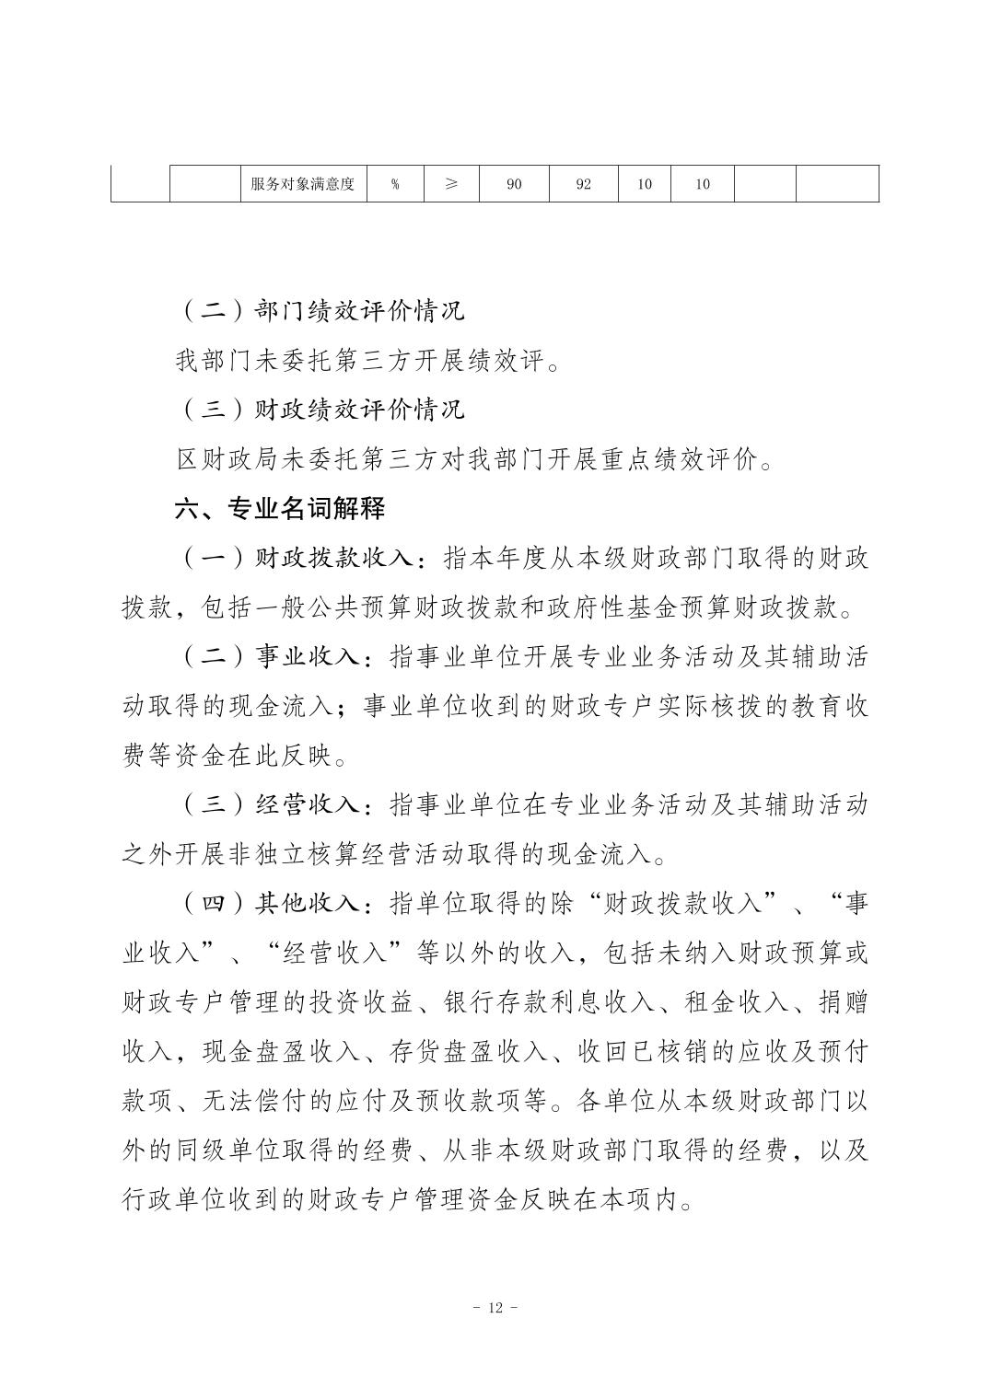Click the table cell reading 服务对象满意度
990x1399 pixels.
coord(302,184)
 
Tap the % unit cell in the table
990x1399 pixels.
coord(395,184)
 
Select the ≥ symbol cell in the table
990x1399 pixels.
coord(451,184)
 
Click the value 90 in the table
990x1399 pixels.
coord(514,184)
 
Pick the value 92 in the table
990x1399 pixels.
coord(583,184)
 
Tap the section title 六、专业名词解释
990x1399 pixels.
coord(280,508)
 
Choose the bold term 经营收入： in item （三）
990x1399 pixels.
coord(312,805)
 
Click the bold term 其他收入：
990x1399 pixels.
coord(312,904)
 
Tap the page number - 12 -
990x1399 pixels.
coord(495,1309)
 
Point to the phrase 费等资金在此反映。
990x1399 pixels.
coord(235,757)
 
